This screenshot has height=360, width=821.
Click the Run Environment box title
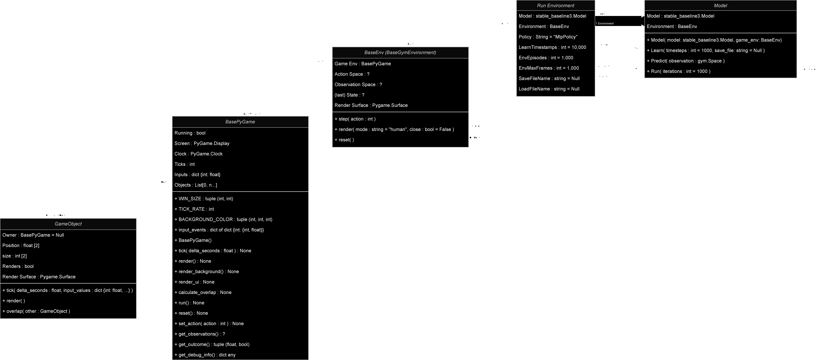pyautogui.click(x=555, y=5)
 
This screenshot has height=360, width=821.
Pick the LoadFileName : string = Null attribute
pyautogui.click(x=549, y=89)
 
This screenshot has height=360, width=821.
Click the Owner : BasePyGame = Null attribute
pyautogui.click(x=33, y=235)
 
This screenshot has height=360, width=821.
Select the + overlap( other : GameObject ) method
pyautogui.click(x=36, y=311)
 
